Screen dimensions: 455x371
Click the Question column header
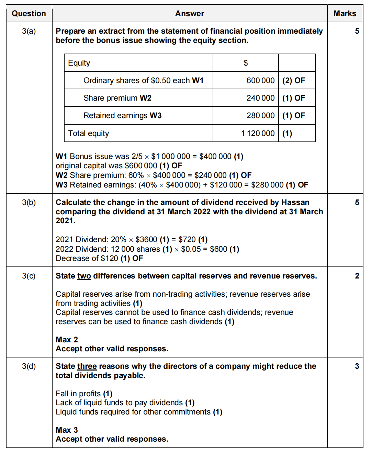[29, 13]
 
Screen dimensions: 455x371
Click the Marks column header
[345, 13]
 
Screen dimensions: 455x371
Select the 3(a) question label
[29, 31]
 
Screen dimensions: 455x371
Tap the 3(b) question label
[29, 203]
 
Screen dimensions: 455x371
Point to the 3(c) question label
[29, 276]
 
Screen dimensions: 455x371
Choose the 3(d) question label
[29, 366]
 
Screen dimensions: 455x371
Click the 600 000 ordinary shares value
[260, 80]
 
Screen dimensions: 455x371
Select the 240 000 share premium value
[260, 98]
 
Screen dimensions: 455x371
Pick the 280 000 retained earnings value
[260, 115]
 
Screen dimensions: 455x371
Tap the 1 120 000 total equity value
[258, 133]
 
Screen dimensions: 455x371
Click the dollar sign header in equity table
[246, 63]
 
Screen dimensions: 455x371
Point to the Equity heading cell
[79, 63]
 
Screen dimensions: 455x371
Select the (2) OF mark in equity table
[294, 80]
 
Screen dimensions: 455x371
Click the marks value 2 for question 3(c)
[357, 276]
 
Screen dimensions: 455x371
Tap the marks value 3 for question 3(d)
[357, 366]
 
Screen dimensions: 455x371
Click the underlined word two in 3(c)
[84, 276]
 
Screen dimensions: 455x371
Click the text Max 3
[67, 430]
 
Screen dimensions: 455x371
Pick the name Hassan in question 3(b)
[295, 203]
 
